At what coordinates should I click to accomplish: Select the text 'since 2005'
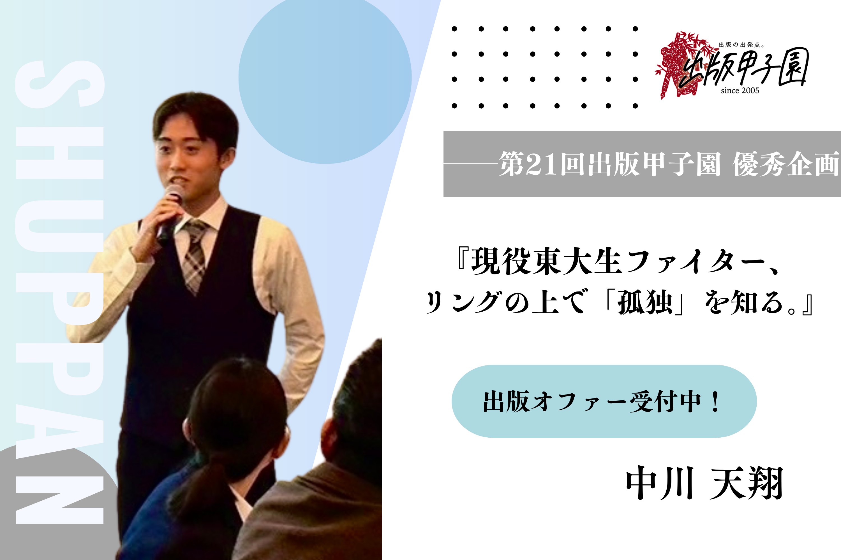[x=740, y=91]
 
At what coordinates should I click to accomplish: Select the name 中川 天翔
[x=704, y=483]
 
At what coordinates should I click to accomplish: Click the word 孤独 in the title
[x=645, y=302]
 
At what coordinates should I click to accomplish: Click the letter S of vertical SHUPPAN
[x=60, y=84]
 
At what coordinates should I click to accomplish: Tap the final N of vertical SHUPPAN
[x=60, y=500]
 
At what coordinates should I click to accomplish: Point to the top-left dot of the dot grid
[x=454, y=29]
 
